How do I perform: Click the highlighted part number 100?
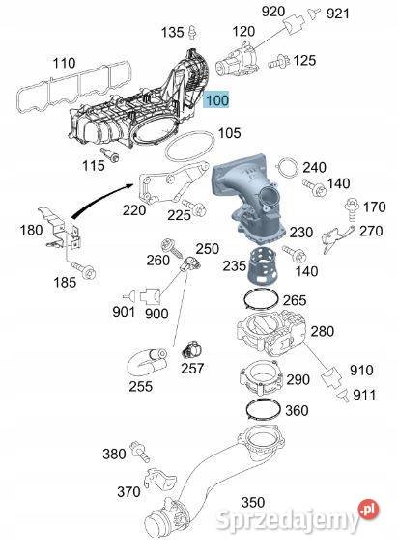(217, 100)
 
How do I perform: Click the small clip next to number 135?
(192, 33)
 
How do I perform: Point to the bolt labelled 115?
(110, 155)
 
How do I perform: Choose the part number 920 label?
(272, 11)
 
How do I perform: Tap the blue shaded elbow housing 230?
(248, 197)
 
